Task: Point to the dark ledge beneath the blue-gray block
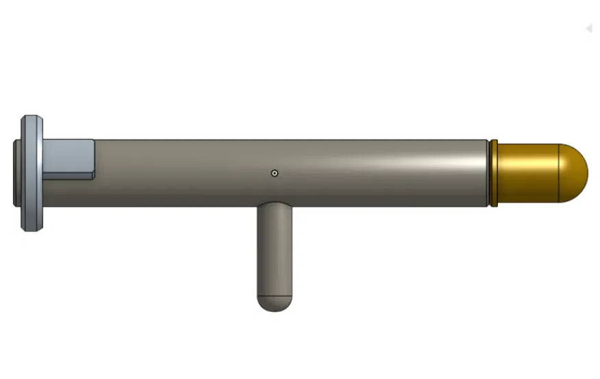(x=68, y=175)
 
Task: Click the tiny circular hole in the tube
(x=274, y=173)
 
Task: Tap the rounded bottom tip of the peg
(x=275, y=304)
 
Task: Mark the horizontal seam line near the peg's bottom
(x=275, y=294)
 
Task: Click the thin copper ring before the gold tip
(x=492, y=173)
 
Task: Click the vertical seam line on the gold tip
(x=559, y=173)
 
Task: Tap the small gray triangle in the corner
(x=588, y=28)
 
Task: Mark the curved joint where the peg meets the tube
(x=275, y=203)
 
